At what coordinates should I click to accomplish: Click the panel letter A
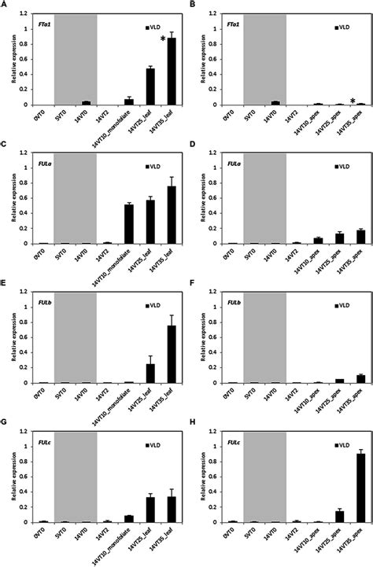(x=5, y=6)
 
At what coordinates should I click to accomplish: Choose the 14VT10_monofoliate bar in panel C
(x=128, y=224)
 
